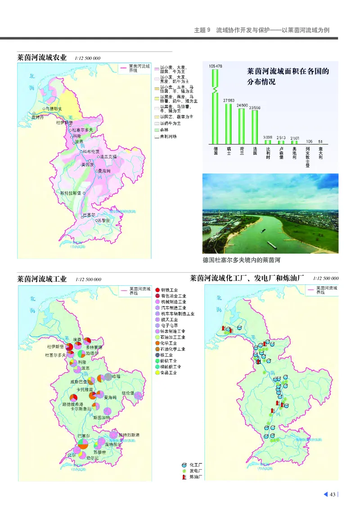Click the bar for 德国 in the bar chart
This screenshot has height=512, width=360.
coord(216,108)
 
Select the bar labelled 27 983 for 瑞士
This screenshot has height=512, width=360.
coord(228,124)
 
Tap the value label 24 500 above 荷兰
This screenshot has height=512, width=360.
coord(242,105)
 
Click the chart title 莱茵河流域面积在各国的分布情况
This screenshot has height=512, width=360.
coord(288,77)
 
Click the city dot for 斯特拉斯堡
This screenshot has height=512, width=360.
coord(84,193)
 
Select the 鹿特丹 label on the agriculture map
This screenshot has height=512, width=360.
coord(38,117)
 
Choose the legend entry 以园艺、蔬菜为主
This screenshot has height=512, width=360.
coord(175,117)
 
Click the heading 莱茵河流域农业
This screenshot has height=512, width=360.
coord(41,58)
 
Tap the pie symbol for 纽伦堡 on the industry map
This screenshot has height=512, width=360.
coord(138,396)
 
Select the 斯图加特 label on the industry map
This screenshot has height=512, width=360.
coord(101,418)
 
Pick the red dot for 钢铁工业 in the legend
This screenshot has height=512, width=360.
coord(157,290)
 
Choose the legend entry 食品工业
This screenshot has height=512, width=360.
coord(171,373)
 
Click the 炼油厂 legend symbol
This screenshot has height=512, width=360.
coord(184,476)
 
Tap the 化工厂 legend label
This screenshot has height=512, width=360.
coord(196,464)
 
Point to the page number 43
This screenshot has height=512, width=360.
coord(333,495)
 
